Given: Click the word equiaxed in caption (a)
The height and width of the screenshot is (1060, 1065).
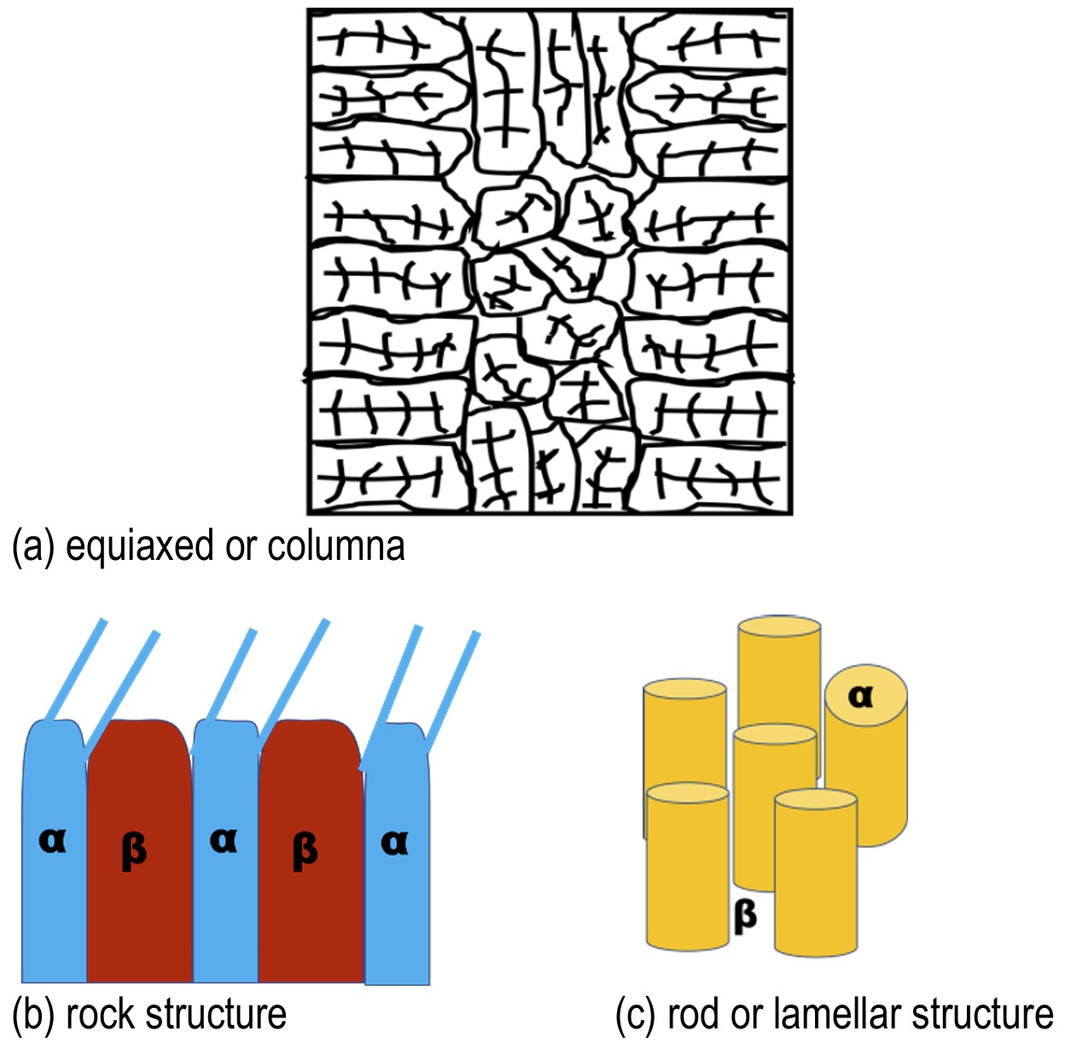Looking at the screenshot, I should [139, 547].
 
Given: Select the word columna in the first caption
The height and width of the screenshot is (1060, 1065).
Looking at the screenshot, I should [336, 545].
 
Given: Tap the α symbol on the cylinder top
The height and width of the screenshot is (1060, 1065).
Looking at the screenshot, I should [861, 697].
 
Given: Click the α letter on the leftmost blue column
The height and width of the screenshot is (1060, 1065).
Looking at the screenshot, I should [52, 842].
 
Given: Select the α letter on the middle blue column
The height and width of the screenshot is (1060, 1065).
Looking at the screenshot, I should [224, 842].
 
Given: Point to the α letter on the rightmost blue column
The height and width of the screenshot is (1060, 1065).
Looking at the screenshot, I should [394, 843].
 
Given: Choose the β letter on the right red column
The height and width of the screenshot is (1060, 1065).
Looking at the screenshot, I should [306, 850].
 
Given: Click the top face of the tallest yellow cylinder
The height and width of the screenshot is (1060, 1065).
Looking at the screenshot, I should [778, 626].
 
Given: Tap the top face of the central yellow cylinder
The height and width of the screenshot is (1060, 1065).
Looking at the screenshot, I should [775, 734].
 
